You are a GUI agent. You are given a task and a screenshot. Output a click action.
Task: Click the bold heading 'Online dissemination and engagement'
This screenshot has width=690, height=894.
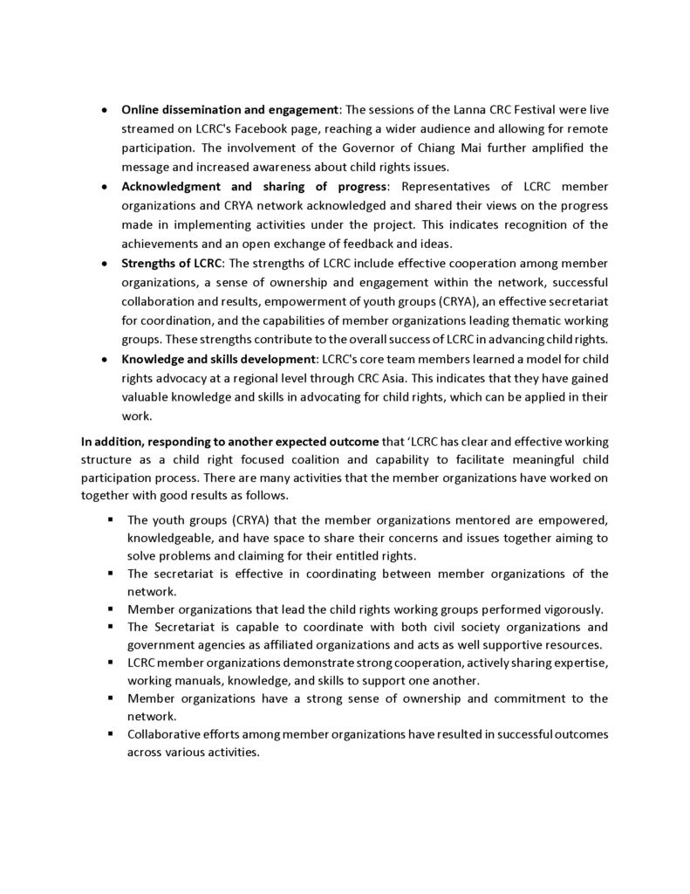click(x=229, y=110)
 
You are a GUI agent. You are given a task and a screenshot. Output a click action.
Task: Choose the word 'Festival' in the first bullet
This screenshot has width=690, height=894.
click(x=535, y=110)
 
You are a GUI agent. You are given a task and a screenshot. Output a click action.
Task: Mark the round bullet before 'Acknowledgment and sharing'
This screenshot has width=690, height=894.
click(x=104, y=187)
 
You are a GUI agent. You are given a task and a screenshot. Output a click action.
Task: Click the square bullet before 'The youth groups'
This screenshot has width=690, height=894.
click(x=112, y=520)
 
